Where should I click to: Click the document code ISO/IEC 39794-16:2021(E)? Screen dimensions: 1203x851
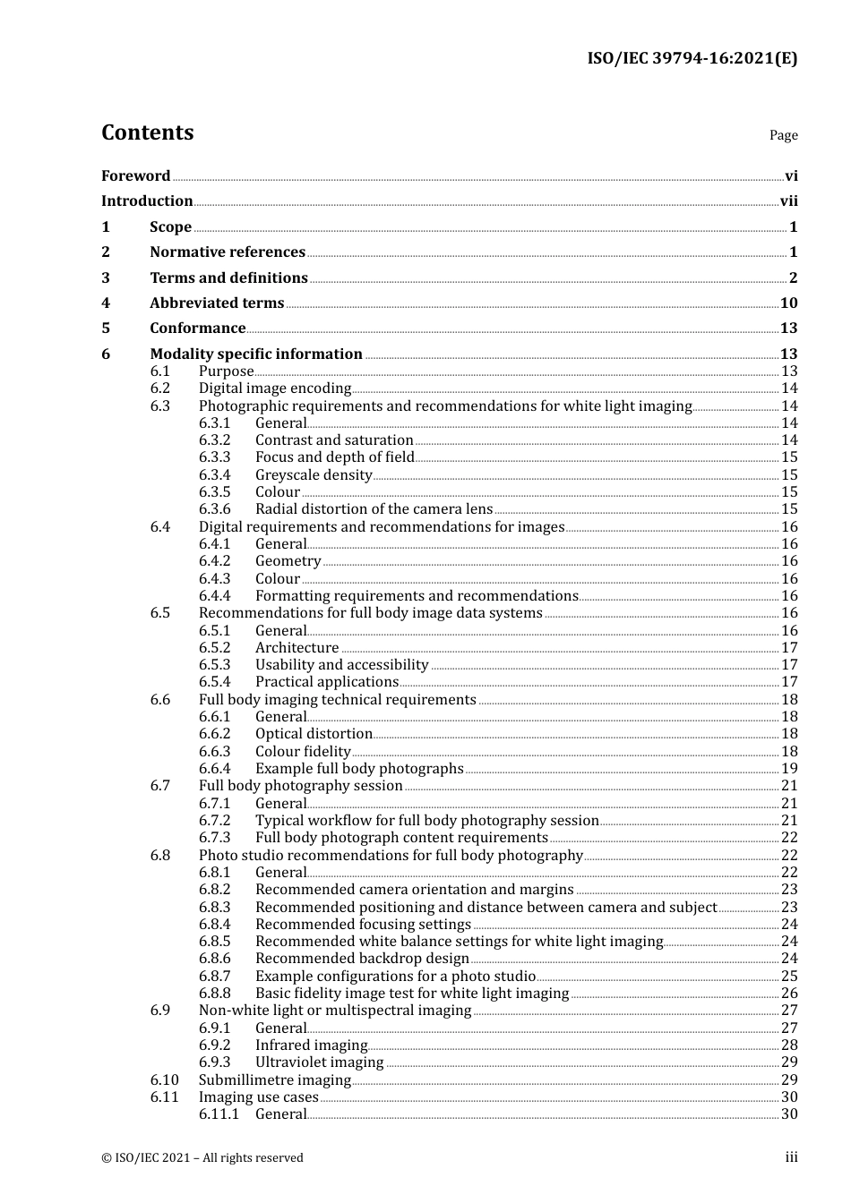click(x=692, y=59)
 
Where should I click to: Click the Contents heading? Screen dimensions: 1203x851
click(x=147, y=132)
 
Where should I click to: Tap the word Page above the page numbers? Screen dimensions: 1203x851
click(x=783, y=135)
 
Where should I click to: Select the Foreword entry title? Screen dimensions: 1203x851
click(x=135, y=176)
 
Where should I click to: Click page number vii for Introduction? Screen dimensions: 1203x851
click(x=788, y=201)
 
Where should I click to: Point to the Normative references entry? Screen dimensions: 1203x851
click(x=228, y=252)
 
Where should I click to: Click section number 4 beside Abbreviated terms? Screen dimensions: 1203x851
click(x=106, y=303)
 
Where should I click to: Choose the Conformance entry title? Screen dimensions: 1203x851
click(x=197, y=328)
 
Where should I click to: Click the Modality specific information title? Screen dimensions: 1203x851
click(x=256, y=354)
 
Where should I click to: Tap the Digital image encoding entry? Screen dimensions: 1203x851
click(x=274, y=388)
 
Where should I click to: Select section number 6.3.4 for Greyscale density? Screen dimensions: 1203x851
click(x=214, y=475)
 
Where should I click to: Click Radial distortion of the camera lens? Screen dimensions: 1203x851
click(x=374, y=509)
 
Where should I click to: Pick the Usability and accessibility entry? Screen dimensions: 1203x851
click(x=341, y=665)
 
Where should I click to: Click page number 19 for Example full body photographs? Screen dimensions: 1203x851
click(x=789, y=769)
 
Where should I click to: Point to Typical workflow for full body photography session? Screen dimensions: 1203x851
click(x=426, y=821)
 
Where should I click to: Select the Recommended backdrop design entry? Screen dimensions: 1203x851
click(x=362, y=959)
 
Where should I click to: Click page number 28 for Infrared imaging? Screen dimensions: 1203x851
click(x=789, y=1045)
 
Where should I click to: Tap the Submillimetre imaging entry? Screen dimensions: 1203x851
click(x=274, y=1080)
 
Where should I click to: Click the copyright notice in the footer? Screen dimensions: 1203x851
click(x=202, y=1158)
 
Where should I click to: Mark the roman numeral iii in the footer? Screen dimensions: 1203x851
click(x=791, y=1157)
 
